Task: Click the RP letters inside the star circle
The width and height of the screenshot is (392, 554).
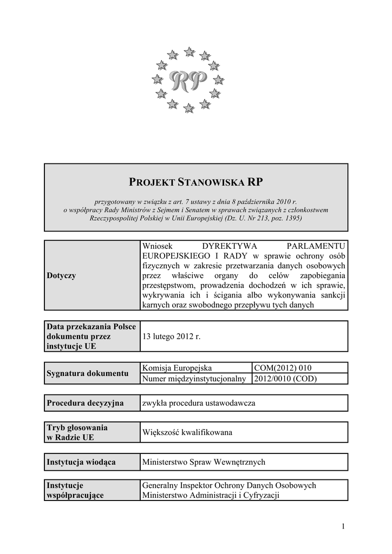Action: click(188, 81)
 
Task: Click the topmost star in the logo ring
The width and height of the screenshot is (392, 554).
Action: click(189, 52)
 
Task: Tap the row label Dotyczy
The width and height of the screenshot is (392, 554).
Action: click(61, 275)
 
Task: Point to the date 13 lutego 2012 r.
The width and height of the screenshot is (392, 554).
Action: click(171, 336)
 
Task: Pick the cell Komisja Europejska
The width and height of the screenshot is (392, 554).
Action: click(177, 368)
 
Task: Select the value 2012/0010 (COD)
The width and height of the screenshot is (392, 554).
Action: click(285, 379)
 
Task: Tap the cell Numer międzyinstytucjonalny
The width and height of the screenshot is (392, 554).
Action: click(194, 379)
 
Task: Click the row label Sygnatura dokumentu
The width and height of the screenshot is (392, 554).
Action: click(87, 373)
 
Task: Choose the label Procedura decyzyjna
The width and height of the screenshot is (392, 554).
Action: click(85, 403)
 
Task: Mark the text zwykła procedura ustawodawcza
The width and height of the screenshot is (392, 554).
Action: click(198, 403)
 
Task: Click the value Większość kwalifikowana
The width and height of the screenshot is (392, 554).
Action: click(187, 432)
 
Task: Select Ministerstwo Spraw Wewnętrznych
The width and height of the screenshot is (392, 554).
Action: click(204, 462)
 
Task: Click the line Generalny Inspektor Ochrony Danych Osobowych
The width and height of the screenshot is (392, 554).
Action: click(229, 485)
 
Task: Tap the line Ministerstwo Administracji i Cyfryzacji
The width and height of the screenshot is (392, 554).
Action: click(210, 495)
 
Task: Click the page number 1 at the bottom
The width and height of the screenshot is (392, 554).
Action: click(343, 526)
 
